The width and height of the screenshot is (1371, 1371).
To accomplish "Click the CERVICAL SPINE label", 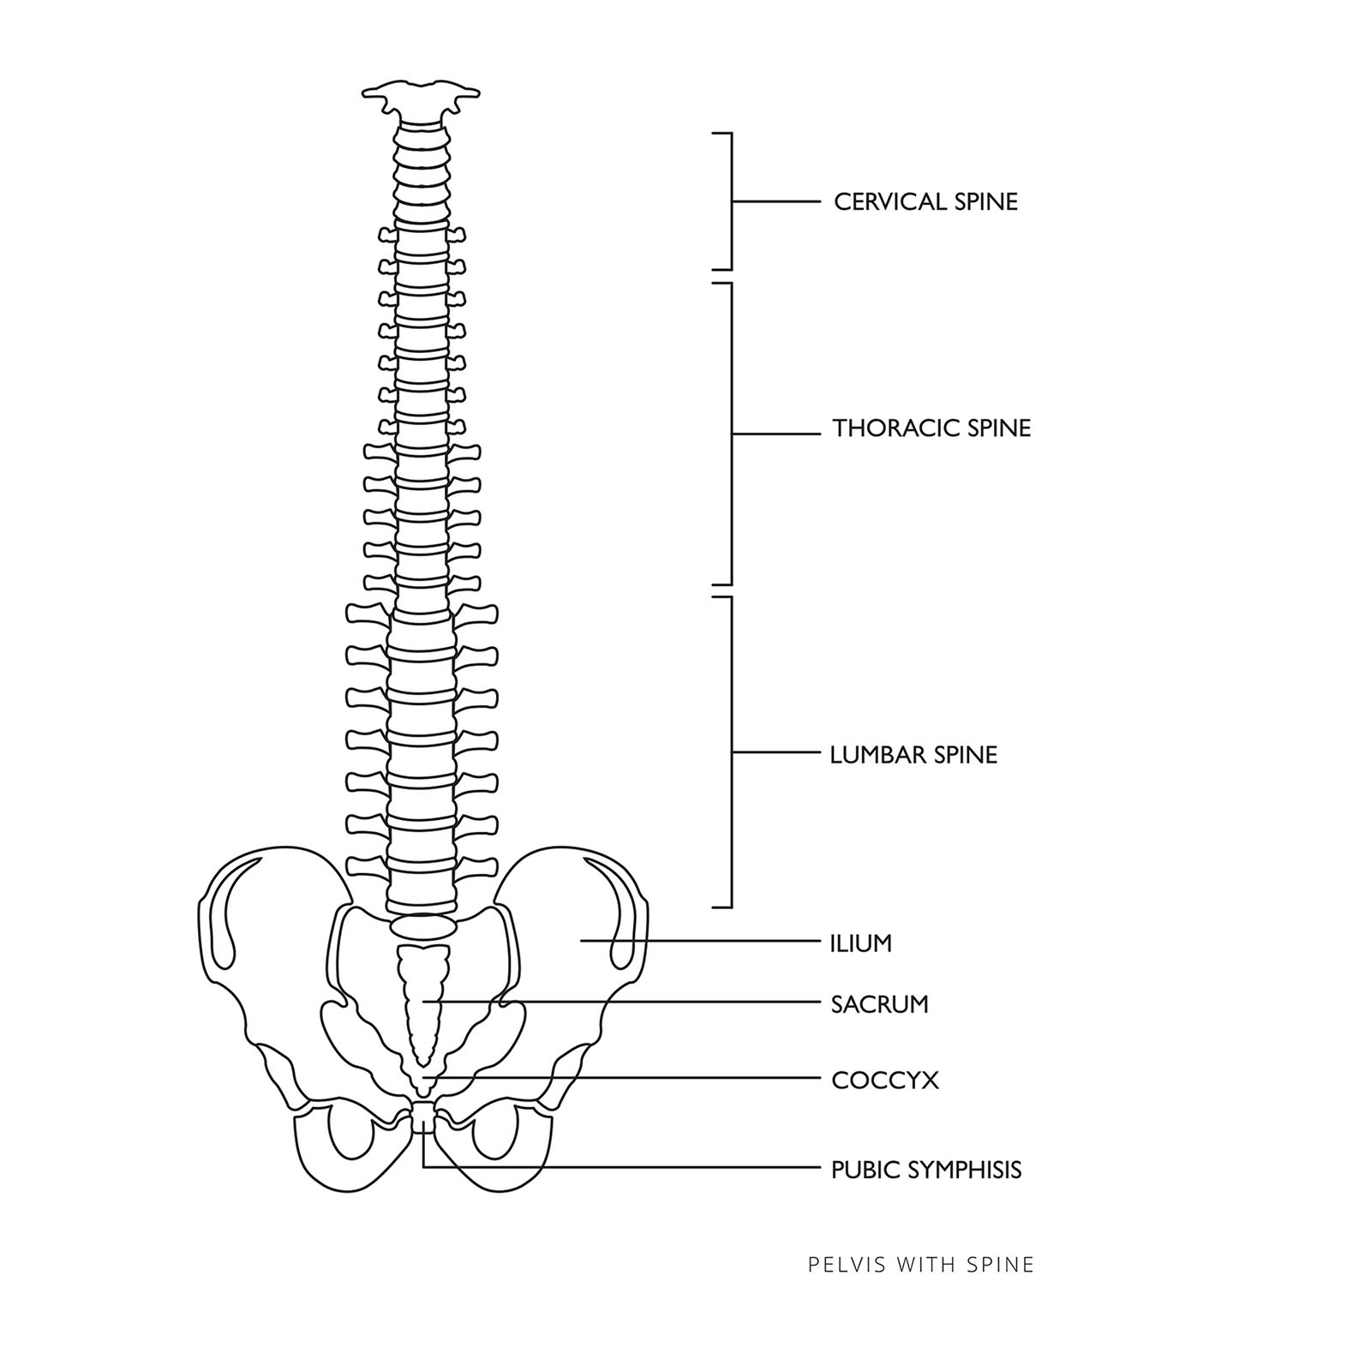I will pyautogui.click(x=925, y=202).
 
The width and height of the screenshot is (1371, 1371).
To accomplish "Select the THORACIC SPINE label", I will pyautogui.click(x=931, y=428).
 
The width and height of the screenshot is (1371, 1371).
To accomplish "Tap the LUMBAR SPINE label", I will pyautogui.click(x=913, y=755).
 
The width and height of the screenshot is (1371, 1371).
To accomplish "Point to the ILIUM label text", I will pyautogui.click(x=860, y=943).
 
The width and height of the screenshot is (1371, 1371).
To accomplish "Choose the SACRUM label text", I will pyautogui.click(x=879, y=1004).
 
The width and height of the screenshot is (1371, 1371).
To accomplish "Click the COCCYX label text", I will pyautogui.click(x=884, y=1081).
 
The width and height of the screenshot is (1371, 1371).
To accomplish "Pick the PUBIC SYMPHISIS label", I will pyautogui.click(x=926, y=1170).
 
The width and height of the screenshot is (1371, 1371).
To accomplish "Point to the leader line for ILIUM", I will pyautogui.click(x=703, y=941).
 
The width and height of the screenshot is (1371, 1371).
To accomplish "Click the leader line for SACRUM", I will pyautogui.click(x=626, y=1002).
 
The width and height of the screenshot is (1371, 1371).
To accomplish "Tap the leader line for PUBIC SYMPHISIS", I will pyautogui.click(x=626, y=1167).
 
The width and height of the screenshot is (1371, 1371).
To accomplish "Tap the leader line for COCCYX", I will pyautogui.click(x=626, y=1078).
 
